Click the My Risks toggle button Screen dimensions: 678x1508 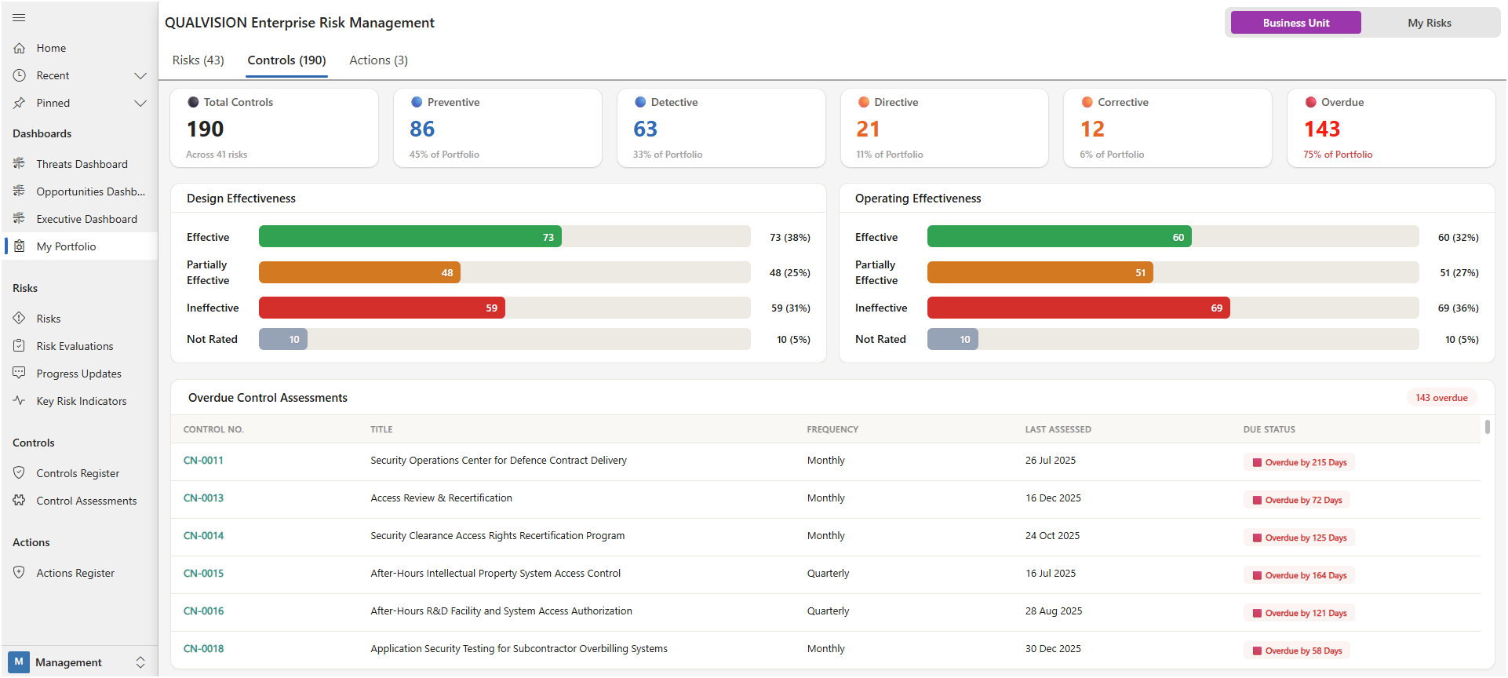pyautogui.click(x=1429, y=23)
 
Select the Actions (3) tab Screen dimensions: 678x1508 pyautogui.click(x=378, y=60)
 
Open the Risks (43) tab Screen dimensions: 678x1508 pyautogui.click(x=198, y=60)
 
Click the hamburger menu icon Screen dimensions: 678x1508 pyautogui.click(x=19, y=17)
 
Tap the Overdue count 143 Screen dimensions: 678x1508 pyautogui.click(x=1321, y=129)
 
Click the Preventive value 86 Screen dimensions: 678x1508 pyautogui.click(x=422, y=129)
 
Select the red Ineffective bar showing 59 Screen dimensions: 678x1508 pyautogui.click(x=381, y=308)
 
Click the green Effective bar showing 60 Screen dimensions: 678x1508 pyautogui.click(x=1058, y=237)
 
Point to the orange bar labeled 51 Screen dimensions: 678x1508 pyautogui.click(x=1040, y=272)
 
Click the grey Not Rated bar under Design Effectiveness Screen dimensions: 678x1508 pyautogui.click(x=283, y=339)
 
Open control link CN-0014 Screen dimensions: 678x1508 pyautogui.click(x=203, y=536)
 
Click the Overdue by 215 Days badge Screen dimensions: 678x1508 pyautogui.click(x=1299, y=462)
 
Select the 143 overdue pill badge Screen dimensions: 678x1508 pyautogui.click(x=1441, y=398)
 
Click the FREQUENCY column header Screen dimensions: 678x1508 pyautogui.click(x=832, y=429)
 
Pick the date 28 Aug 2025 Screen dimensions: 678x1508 pyautogui.click(x=1053, y=611)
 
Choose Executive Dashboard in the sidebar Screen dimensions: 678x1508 pyautogui.click(x=86, y=219)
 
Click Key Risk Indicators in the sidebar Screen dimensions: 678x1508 pyautogui.click(x=81, y=401)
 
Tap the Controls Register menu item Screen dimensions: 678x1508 pyautogui.click(x=78, y=473)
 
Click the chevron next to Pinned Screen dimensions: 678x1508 pyautogui.click(x=140, y=103)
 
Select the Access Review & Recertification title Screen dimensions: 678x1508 pyautogui.click(x=441, y=498)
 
